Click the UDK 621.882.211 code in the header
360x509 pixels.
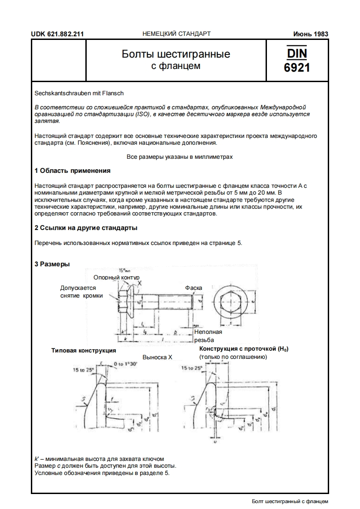(x=57, y=34)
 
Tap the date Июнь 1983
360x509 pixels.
(x=311, y=34)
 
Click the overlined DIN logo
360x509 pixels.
(x=297, y=54)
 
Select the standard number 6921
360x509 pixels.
(x=297, y=68)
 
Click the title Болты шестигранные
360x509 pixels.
(x=176, y=54)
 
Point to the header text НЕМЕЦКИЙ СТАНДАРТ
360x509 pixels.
(x=177, y=34)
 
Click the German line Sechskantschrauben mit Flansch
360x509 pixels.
(x=79, y=93)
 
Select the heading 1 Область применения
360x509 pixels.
(x=73, y=171)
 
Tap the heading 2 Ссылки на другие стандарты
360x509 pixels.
(x=86, y=228)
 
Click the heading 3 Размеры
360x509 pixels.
(x=52, y=264)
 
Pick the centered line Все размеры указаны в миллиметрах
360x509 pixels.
(x=179, y=157)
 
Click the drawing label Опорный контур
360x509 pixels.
(x=116, y=277)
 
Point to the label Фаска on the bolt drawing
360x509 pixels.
(x=193, y=288)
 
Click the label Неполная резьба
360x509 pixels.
(x=208, y=336)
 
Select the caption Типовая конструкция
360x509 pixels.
(x=84, y=350)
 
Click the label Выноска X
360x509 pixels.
(x=158, y=357)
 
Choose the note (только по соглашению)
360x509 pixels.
(x=233, y=357)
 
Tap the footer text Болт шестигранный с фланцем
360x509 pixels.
(x=290, y=501)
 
